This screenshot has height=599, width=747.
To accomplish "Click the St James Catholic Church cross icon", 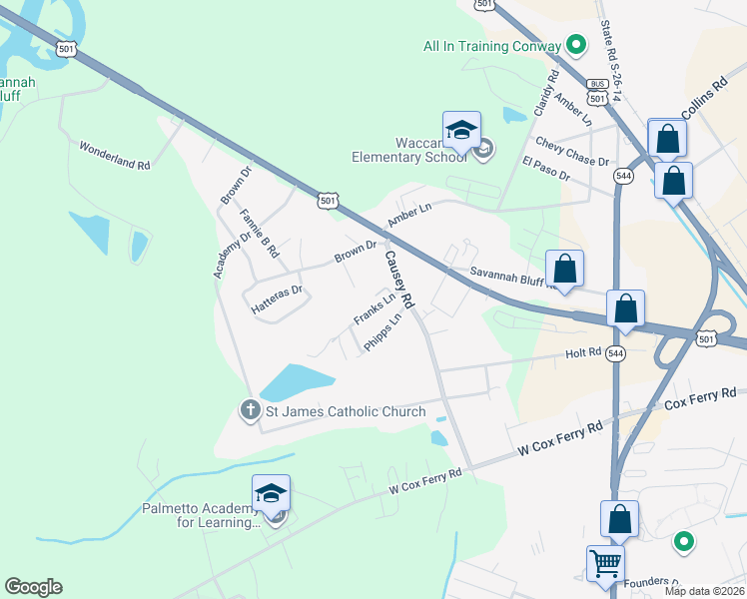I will [250, 409].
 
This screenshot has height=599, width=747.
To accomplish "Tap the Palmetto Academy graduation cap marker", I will [271, 493].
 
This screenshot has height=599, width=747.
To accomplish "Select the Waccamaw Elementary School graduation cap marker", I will [461, 130].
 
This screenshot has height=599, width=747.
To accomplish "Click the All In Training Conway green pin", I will [575, 45].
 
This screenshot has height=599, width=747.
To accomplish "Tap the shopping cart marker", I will [605, 564].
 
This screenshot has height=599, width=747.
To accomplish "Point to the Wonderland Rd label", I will [115, 155].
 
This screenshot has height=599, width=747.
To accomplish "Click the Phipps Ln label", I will [383, 330].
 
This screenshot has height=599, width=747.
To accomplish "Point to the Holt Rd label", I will [583, 352].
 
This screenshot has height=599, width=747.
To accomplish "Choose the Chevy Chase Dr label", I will [572, 152].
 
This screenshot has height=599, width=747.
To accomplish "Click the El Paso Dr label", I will [545, 169].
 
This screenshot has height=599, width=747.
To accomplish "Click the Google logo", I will [33, 587].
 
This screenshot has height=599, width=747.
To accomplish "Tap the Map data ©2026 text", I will [702, 591].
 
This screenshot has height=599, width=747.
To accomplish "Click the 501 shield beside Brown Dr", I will [328, 201].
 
